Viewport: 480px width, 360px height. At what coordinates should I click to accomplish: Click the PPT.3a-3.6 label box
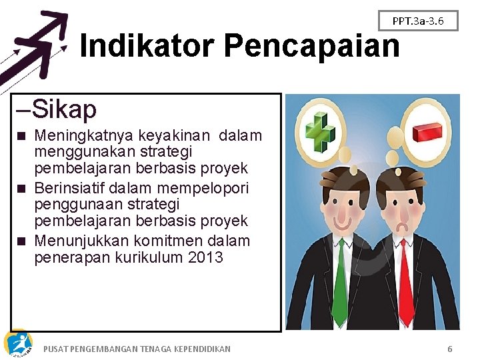[418, 21]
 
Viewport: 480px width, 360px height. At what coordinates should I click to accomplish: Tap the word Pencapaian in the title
[311, 46]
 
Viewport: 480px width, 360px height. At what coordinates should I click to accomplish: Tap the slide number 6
[450, 349]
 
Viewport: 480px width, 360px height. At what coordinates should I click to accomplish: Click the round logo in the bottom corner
[17, 343]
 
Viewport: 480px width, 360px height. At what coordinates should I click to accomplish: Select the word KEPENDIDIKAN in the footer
[197, 349]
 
